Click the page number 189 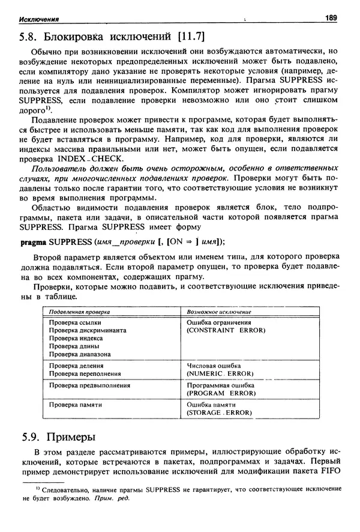(x=333, y=17)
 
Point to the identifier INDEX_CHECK (x=90, y=159)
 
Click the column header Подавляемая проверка (x=79, y=312)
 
